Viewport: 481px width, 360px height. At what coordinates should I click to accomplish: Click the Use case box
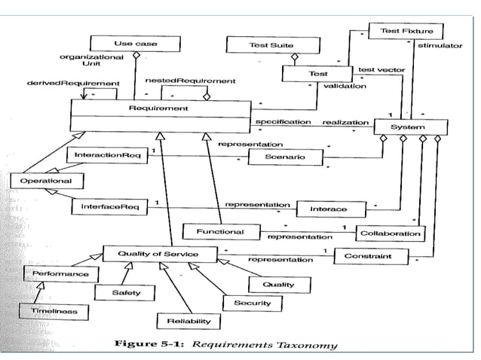coord(136,44)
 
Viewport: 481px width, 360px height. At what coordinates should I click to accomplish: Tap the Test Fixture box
coord(400,31)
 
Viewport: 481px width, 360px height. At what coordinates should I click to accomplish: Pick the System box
coord(410,127)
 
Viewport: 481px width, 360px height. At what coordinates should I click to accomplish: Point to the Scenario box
coord(285,157)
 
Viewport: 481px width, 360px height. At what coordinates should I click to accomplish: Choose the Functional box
coord(219,230)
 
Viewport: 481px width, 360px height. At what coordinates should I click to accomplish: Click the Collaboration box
coord(390,233)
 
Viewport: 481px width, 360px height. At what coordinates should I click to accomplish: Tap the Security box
coord(253,303)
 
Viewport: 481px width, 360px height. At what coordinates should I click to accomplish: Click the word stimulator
coord(440,46)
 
